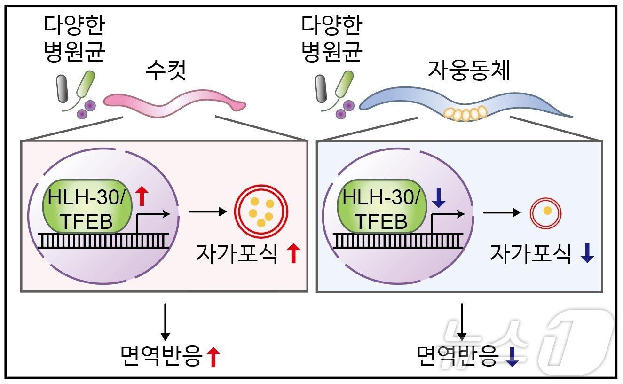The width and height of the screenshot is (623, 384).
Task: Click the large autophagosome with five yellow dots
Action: click(261, 210)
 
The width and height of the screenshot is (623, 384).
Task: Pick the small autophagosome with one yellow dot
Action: click(547, 211)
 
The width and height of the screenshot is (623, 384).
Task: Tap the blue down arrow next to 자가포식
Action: click(587, 254)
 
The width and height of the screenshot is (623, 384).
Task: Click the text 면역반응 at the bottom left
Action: click(161, 356)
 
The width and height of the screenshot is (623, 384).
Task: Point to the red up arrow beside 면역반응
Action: click(214, 357)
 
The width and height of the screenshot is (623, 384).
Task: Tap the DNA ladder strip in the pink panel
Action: click(103, 240)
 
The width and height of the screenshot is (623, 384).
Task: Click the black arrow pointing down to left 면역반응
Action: click(165, 321)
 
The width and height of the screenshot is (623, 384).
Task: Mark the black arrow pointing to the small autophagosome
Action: click(502, 212)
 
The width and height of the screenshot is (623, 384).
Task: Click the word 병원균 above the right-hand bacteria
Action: click(332, 51)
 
